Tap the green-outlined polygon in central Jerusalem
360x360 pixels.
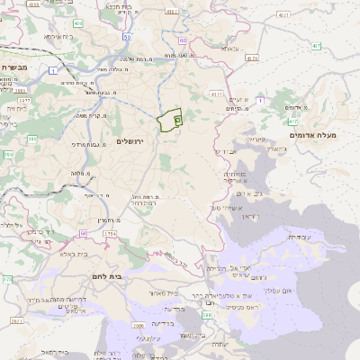coord(169,121)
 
